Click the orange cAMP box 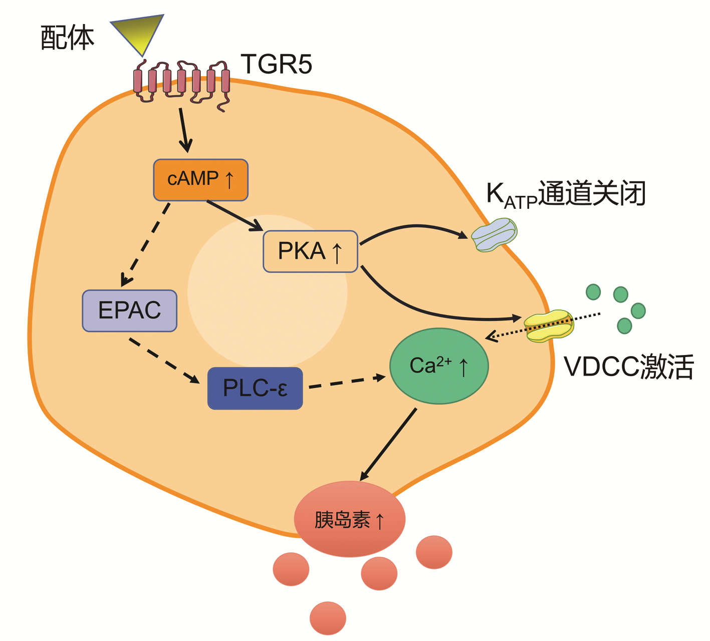click(200, 180)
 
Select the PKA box click(310, 251)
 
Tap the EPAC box click(129, 310)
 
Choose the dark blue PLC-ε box click(255, 389)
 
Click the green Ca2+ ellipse click(439, 366)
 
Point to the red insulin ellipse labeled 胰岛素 click(349, 519)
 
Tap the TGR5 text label click(276, 64)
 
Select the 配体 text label click(67, 38)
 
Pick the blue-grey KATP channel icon click(495, 234)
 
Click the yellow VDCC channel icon click(549, 326)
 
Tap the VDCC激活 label click(628, 367)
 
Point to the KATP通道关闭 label click(566, 194)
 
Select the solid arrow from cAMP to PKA click(234, 215)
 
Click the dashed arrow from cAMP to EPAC click(146, 244)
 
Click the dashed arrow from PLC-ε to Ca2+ click(346, 382)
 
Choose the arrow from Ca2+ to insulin click(388, 444)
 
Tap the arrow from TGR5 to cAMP click(184, 130)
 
